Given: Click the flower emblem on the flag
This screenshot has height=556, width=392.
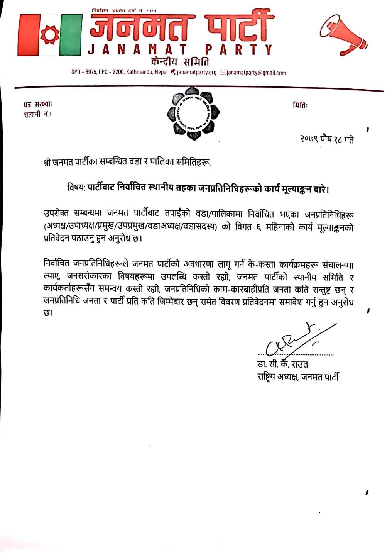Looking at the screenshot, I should [x=48, y=34].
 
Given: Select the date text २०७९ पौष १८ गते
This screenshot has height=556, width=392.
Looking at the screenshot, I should [x=326, y=139].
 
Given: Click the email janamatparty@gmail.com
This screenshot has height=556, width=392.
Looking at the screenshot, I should [x=256, y=73].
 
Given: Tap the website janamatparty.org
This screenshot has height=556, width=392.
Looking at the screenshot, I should [x=196, y=73].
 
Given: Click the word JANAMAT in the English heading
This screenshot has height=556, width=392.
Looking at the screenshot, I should [x=137, y=49].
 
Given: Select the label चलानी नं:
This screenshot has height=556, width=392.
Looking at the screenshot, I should [x=37, y=114].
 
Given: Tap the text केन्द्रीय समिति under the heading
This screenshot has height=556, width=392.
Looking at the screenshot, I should [x=181, y=62].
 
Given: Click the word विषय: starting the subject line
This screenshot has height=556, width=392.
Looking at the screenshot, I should [x=76, y=190].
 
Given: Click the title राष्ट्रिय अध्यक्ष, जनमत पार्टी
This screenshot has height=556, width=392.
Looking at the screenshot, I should [x=298, y=377].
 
